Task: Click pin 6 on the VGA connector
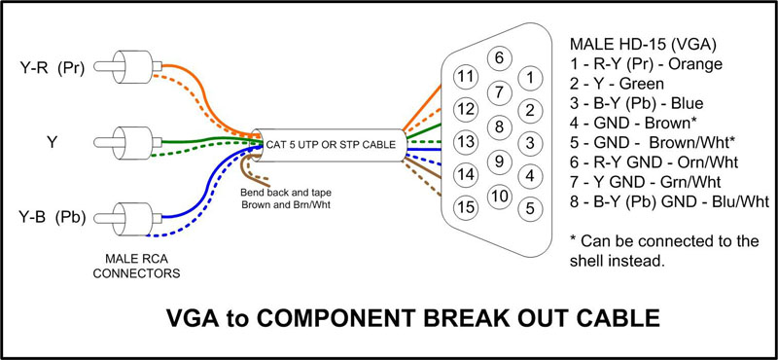499,58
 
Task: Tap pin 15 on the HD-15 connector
467,207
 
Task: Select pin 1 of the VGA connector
530,78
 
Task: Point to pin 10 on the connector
500,197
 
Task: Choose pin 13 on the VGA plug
467,142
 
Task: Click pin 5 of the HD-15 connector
530,208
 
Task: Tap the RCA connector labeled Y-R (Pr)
129,67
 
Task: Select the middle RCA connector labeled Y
129,143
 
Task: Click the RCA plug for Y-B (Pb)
129,218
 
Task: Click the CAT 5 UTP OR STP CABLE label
331,145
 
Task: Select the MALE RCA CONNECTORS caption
136,266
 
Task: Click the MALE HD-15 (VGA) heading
643,45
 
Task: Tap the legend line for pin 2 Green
617,84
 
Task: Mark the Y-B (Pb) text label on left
53,218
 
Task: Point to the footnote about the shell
664,251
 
